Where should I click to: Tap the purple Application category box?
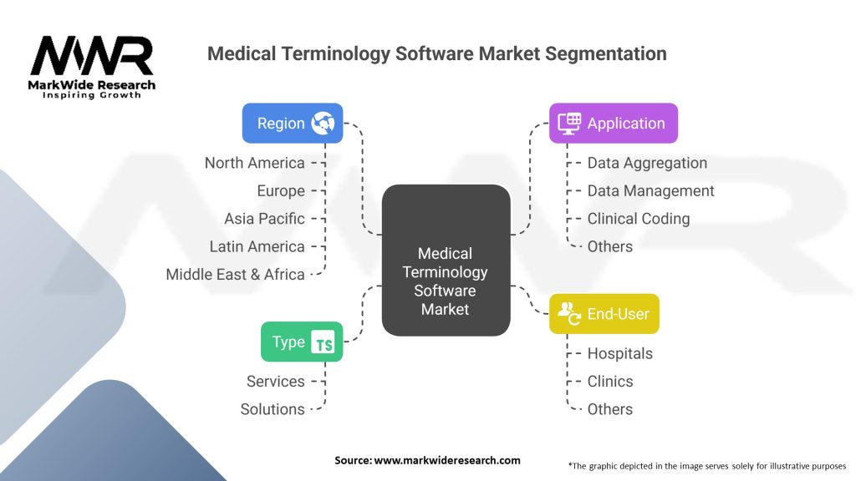(613, 123)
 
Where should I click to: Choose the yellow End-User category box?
(604, 314)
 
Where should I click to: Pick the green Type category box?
(302, 342)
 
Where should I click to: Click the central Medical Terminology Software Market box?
(446, 261)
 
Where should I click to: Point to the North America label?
(254, 163)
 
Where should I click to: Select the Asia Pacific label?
(264, 219)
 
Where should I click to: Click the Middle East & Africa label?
(235, 274)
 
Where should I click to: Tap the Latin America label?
(257, 246)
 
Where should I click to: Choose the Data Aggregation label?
(647, 163)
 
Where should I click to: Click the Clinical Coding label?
(638, 219)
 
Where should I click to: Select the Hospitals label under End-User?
(619, 353)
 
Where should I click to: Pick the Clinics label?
(610, 382)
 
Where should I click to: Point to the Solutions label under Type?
(273, 409)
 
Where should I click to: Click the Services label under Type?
(275, 382)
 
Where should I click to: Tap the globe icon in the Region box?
(323, 124)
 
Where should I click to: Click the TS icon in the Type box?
(323, 343)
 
